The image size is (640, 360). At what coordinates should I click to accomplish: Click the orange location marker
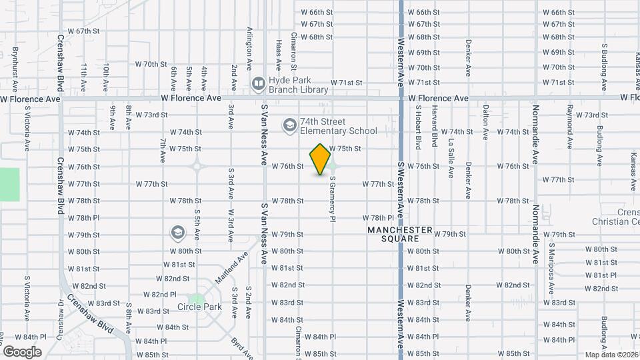(321, 159)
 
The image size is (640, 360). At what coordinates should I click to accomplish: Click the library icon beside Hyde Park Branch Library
(258, 83)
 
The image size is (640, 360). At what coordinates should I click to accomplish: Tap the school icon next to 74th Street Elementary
(289, 125)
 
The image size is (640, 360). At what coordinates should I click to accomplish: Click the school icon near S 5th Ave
(177, 232)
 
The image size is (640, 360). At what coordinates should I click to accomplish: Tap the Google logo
(22, 351)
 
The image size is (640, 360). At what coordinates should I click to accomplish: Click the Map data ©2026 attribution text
(611, 355)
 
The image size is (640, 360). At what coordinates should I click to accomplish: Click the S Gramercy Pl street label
(331, 199)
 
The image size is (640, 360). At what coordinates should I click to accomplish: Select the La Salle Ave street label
(451, 159)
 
